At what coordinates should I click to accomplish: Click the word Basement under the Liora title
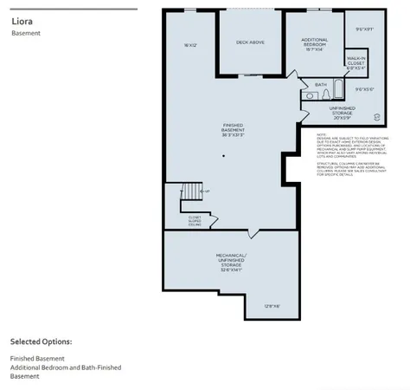26,34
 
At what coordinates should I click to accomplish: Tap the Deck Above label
250,42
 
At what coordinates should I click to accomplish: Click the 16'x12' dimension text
191,45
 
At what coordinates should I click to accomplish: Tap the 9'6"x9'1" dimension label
364,29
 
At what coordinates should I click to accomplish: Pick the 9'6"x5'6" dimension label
364,88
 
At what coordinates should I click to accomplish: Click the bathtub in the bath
338,90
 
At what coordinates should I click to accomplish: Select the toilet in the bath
307,94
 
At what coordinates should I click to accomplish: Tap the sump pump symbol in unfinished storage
376,115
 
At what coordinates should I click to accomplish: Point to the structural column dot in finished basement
223,156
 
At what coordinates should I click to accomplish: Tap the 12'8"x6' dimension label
272,305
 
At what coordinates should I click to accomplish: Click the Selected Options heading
41,341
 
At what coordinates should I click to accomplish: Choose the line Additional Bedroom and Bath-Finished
66,367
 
